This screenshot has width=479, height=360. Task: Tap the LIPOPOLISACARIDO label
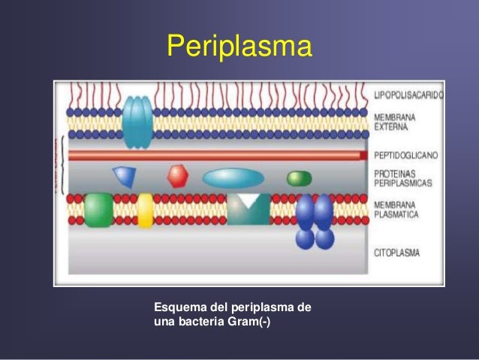pyautogui.click(x=408, y=96)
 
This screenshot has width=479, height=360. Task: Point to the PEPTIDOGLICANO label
pyautogui.click(x=406, y=155)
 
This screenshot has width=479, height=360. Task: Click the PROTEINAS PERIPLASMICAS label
pyautogui.click(x=402, y=178)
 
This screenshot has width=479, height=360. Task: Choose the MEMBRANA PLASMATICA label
pyautogui.click(x=396, y=208)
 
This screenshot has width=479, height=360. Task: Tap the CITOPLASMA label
pyautogui.click(x=397, y=254)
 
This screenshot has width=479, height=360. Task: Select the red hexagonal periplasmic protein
pyautogui.click(x=178, y=177)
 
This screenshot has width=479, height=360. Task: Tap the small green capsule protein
pyautogui.click(x=299, y=178)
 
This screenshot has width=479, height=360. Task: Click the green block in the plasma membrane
pyautogui.click(x=98, y=210)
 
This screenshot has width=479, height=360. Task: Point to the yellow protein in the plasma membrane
pyautogui.click(x=145, y=210)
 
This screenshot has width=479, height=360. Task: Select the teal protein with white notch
pyautogui.click(x=248, y=209)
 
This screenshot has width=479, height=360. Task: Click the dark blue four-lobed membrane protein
pyautogui.click(x=315, y=222)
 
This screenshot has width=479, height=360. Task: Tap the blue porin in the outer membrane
pyautogui.click(x=137, y=122)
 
